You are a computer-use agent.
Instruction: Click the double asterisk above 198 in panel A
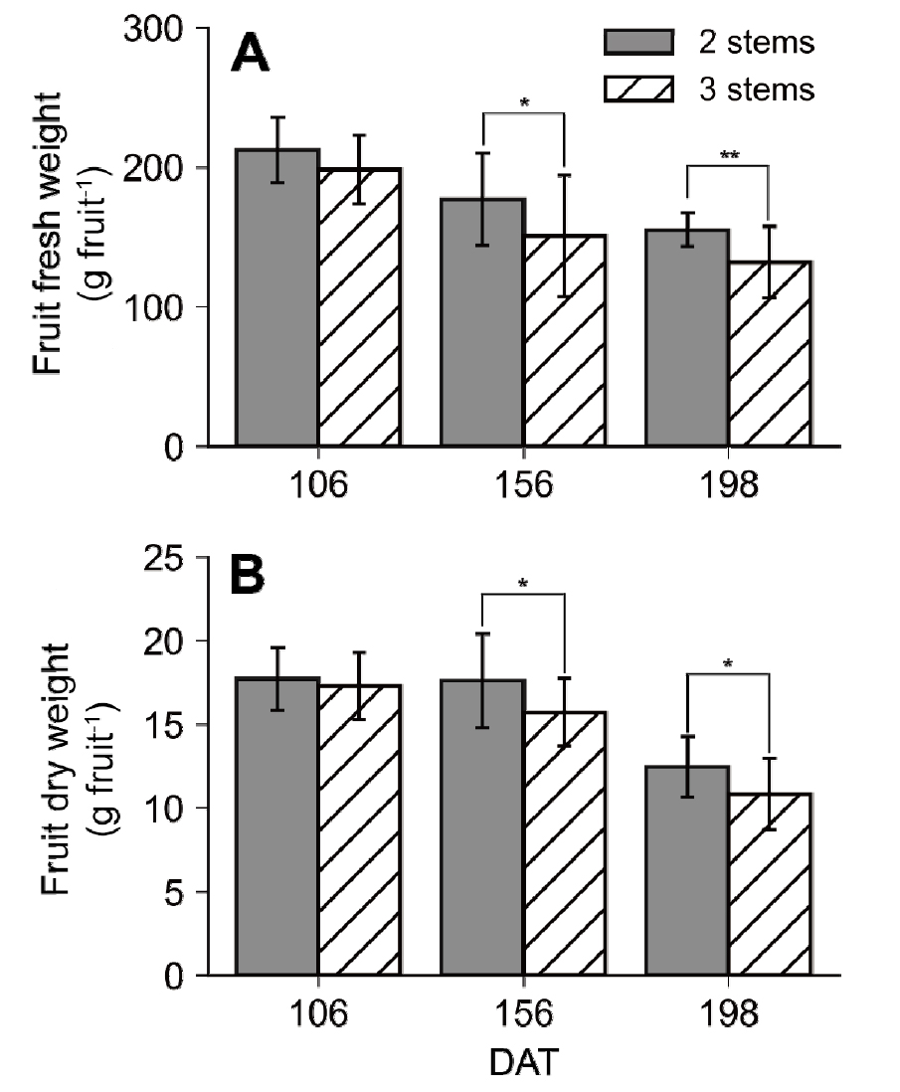(728, 155)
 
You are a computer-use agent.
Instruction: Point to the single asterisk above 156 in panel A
(523, 102)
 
